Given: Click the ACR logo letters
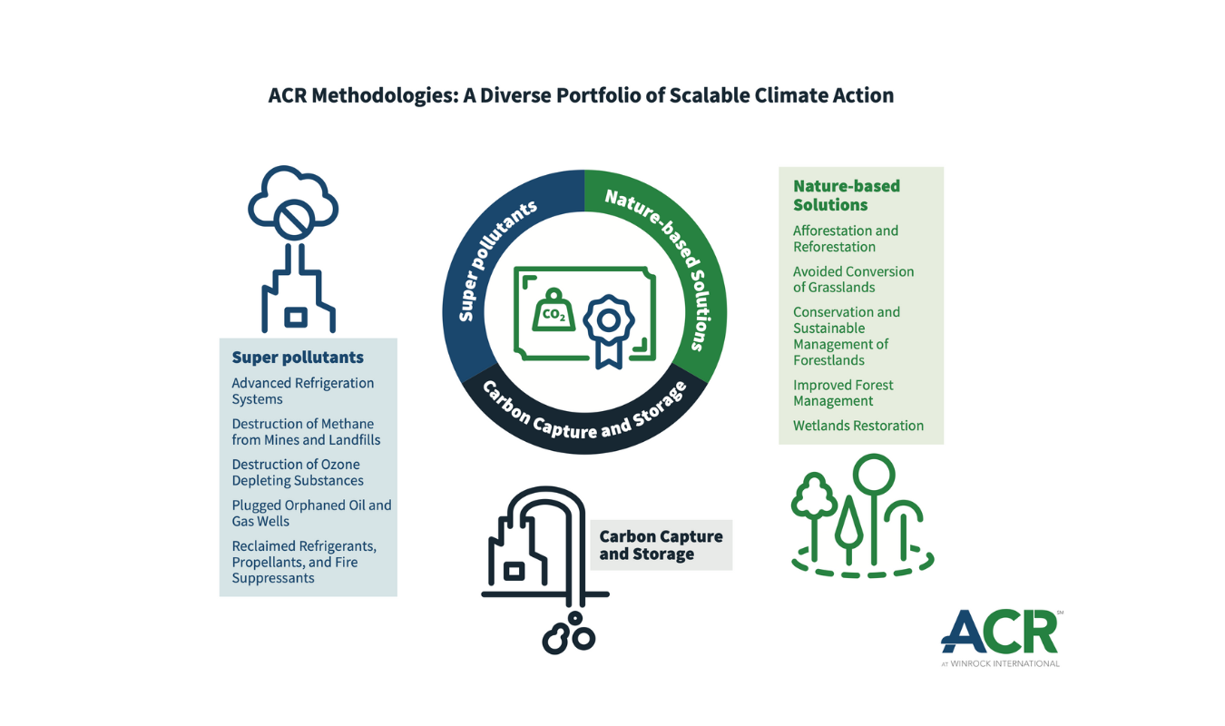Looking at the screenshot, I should (x=998, y=633).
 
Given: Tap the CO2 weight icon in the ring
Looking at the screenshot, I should (x=553, y=311).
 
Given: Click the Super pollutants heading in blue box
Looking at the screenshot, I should (x=298, y=358).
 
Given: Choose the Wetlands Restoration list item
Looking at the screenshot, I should (x=857, y=426).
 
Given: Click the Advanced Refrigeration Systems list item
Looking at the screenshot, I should (x=302, y=391).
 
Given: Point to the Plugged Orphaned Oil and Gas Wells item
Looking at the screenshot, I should (x=310, y=513).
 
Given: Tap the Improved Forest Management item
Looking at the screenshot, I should (x=842, y=393).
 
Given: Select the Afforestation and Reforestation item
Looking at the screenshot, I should (x=845, y=239).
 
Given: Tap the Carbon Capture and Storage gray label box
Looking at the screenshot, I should (x=661, y=545).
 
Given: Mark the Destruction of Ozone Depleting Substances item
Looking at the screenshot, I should (x=297, y=473).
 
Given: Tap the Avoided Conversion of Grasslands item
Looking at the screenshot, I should (x=853, y=280).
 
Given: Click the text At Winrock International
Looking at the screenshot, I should (x=1000, y=663).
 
